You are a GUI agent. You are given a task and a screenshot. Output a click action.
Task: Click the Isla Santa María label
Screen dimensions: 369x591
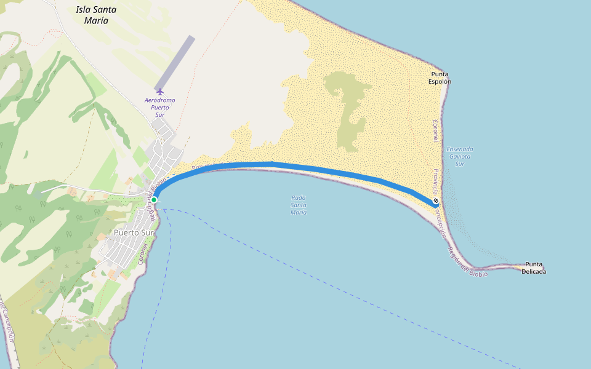[x=96, y=15]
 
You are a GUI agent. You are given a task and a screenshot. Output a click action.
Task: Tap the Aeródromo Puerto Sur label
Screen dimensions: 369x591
[x=159, y=107]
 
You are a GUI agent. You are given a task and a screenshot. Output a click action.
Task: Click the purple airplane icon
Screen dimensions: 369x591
[x=160, y=92]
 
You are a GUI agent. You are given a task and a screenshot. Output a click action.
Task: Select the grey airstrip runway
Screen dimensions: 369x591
[x=175, y=63]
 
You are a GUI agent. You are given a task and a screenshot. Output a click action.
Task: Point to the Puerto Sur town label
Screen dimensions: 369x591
[x=134, y=232]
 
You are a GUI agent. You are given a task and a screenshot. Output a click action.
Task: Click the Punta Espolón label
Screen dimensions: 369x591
[x=440, y=77]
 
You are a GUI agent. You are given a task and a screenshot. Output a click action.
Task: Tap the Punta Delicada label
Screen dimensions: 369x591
[x=533, y=268]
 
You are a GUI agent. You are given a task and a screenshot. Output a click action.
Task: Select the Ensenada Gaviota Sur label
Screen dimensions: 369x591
[x=459, y=156]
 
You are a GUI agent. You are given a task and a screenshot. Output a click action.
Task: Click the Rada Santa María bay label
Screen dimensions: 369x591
[x=299, y=205]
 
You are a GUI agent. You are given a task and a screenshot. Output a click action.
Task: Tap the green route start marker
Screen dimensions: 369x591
[x=154, y=200]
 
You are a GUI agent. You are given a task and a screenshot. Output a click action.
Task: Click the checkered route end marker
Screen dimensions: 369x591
[x=436, y=200]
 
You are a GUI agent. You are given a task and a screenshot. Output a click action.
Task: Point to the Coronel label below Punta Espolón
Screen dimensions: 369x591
[x=435, y=131]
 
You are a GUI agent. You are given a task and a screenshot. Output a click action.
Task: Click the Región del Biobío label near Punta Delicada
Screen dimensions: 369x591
[x=467, y=262]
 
